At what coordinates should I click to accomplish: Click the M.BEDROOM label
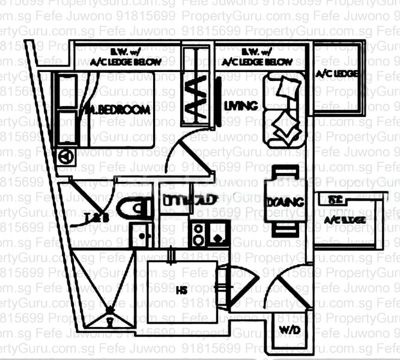[118, 110]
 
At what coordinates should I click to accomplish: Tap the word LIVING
[240, 106]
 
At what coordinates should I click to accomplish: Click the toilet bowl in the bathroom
[134, 208]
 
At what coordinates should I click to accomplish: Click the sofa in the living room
[285, 111]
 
